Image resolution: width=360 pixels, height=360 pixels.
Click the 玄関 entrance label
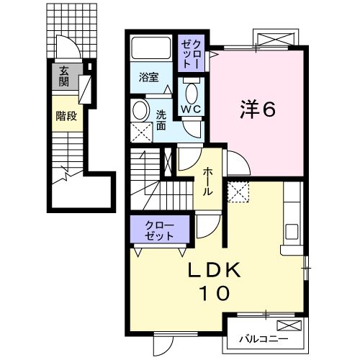[64, 76]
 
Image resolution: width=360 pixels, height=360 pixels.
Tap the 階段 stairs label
[66, 116]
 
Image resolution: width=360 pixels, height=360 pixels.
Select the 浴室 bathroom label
[149, 77]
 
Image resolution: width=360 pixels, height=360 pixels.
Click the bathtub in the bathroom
[151, 48]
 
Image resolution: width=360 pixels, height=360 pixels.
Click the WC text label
[191, 109]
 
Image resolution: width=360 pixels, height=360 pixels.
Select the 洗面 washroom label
[161, 120]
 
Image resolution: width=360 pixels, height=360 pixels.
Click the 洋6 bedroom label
[258, 110]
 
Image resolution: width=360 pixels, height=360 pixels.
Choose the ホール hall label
[208, 181]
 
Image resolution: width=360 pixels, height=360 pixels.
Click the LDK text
[214, 270]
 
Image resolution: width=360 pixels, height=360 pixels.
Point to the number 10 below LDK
[215, 293]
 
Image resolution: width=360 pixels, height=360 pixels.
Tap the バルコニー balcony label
[264, 339]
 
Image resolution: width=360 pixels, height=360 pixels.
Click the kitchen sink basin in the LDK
[292, 232]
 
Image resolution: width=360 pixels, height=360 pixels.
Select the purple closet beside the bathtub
[192, 53]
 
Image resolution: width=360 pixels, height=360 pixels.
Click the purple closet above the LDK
[160, 229]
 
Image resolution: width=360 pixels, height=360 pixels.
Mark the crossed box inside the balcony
[289, 325]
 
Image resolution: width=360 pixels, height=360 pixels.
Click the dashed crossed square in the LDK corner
[238, 192]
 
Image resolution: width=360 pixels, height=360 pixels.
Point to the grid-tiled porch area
[72, 30]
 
